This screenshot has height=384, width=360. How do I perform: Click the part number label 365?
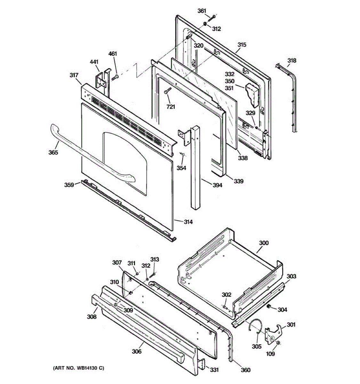pos(53,152)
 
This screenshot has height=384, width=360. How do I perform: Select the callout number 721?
pos(171,107)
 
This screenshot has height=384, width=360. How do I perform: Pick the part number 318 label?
pos(292,60)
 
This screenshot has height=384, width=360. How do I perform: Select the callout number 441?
pos(94,62)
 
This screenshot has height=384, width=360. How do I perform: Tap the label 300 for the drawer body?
pos(264,243)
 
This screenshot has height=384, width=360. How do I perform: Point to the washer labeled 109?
pos(277,343)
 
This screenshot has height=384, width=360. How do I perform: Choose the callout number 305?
pos(257,346)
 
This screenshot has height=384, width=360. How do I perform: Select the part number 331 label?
pos(214,370)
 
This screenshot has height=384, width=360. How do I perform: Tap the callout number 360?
pos(245,370)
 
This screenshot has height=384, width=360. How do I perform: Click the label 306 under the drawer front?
pos(136,351)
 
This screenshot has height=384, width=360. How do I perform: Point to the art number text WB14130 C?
pos(78,368)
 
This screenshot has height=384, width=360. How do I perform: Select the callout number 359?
pos(69,185)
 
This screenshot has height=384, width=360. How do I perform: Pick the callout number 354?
pos(181,168)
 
